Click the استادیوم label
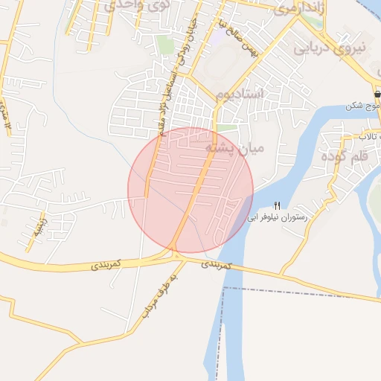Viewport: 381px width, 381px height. click(x=240, y=95)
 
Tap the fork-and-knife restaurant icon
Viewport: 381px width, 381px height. click(x=278, y=206)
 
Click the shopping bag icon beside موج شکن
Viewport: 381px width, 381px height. click(x=377, y=96)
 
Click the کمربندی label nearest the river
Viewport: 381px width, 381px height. click(x=217, y=265)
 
